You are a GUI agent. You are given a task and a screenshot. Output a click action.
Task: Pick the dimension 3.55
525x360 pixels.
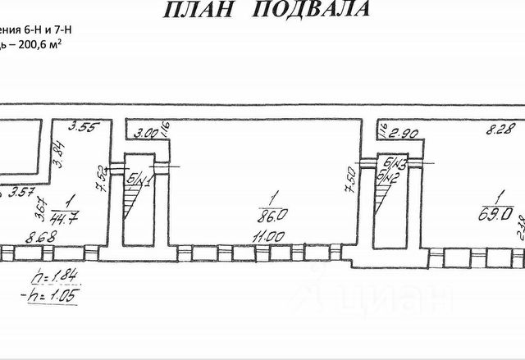pyautogui.click(x=84, y=126)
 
